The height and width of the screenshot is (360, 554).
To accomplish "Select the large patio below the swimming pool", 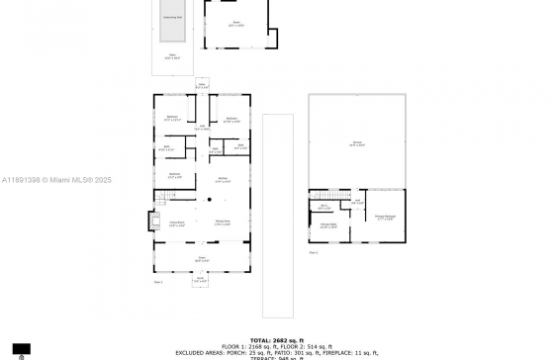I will pyautogui.click(x=172, y=57).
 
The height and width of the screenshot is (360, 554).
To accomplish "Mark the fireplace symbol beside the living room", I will pyautogui.click(x=154, y=219).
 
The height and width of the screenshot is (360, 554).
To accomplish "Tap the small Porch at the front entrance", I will pyautogui.click(x=201, y=279).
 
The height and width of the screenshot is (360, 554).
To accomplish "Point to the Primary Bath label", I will pyautogui.click(x=327, y=226).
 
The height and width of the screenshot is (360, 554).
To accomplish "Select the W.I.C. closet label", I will pyautogui.click(x=324, y=208).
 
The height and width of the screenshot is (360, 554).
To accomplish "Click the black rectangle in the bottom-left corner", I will pyautogui.click(x=22, y=349).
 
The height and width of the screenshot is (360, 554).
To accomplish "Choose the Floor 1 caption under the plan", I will pyautogui.click(x=158, y=282).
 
